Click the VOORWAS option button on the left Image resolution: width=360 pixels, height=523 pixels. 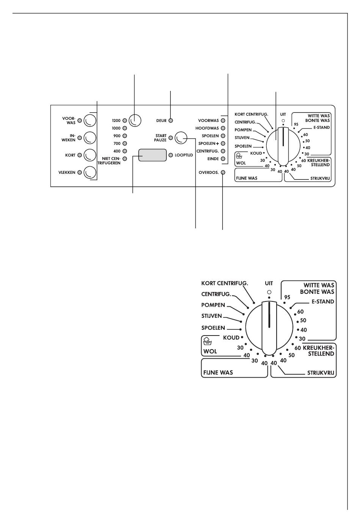90,120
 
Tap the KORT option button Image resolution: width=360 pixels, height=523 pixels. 90,155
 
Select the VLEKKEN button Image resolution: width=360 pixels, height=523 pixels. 90,173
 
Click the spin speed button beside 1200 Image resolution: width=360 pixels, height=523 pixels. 135,120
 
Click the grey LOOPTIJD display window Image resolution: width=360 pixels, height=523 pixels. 153,155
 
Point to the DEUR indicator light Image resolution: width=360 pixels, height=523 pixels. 171,121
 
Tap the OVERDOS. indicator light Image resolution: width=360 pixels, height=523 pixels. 223,173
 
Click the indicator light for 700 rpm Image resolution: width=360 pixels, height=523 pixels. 125,144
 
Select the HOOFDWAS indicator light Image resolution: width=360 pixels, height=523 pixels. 223,128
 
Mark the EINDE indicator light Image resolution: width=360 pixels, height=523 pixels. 223,159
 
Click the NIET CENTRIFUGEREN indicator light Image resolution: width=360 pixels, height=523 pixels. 125,159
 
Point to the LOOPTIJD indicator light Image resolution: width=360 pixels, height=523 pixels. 171,155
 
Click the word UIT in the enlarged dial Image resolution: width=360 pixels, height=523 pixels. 269,283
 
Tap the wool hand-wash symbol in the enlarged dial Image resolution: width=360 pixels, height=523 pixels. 207,341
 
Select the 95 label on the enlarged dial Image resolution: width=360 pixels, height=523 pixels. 287,297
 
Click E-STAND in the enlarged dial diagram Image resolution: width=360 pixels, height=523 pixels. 323,302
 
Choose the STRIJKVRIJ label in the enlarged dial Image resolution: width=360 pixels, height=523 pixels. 321,373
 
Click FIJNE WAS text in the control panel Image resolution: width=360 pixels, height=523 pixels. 247,178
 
